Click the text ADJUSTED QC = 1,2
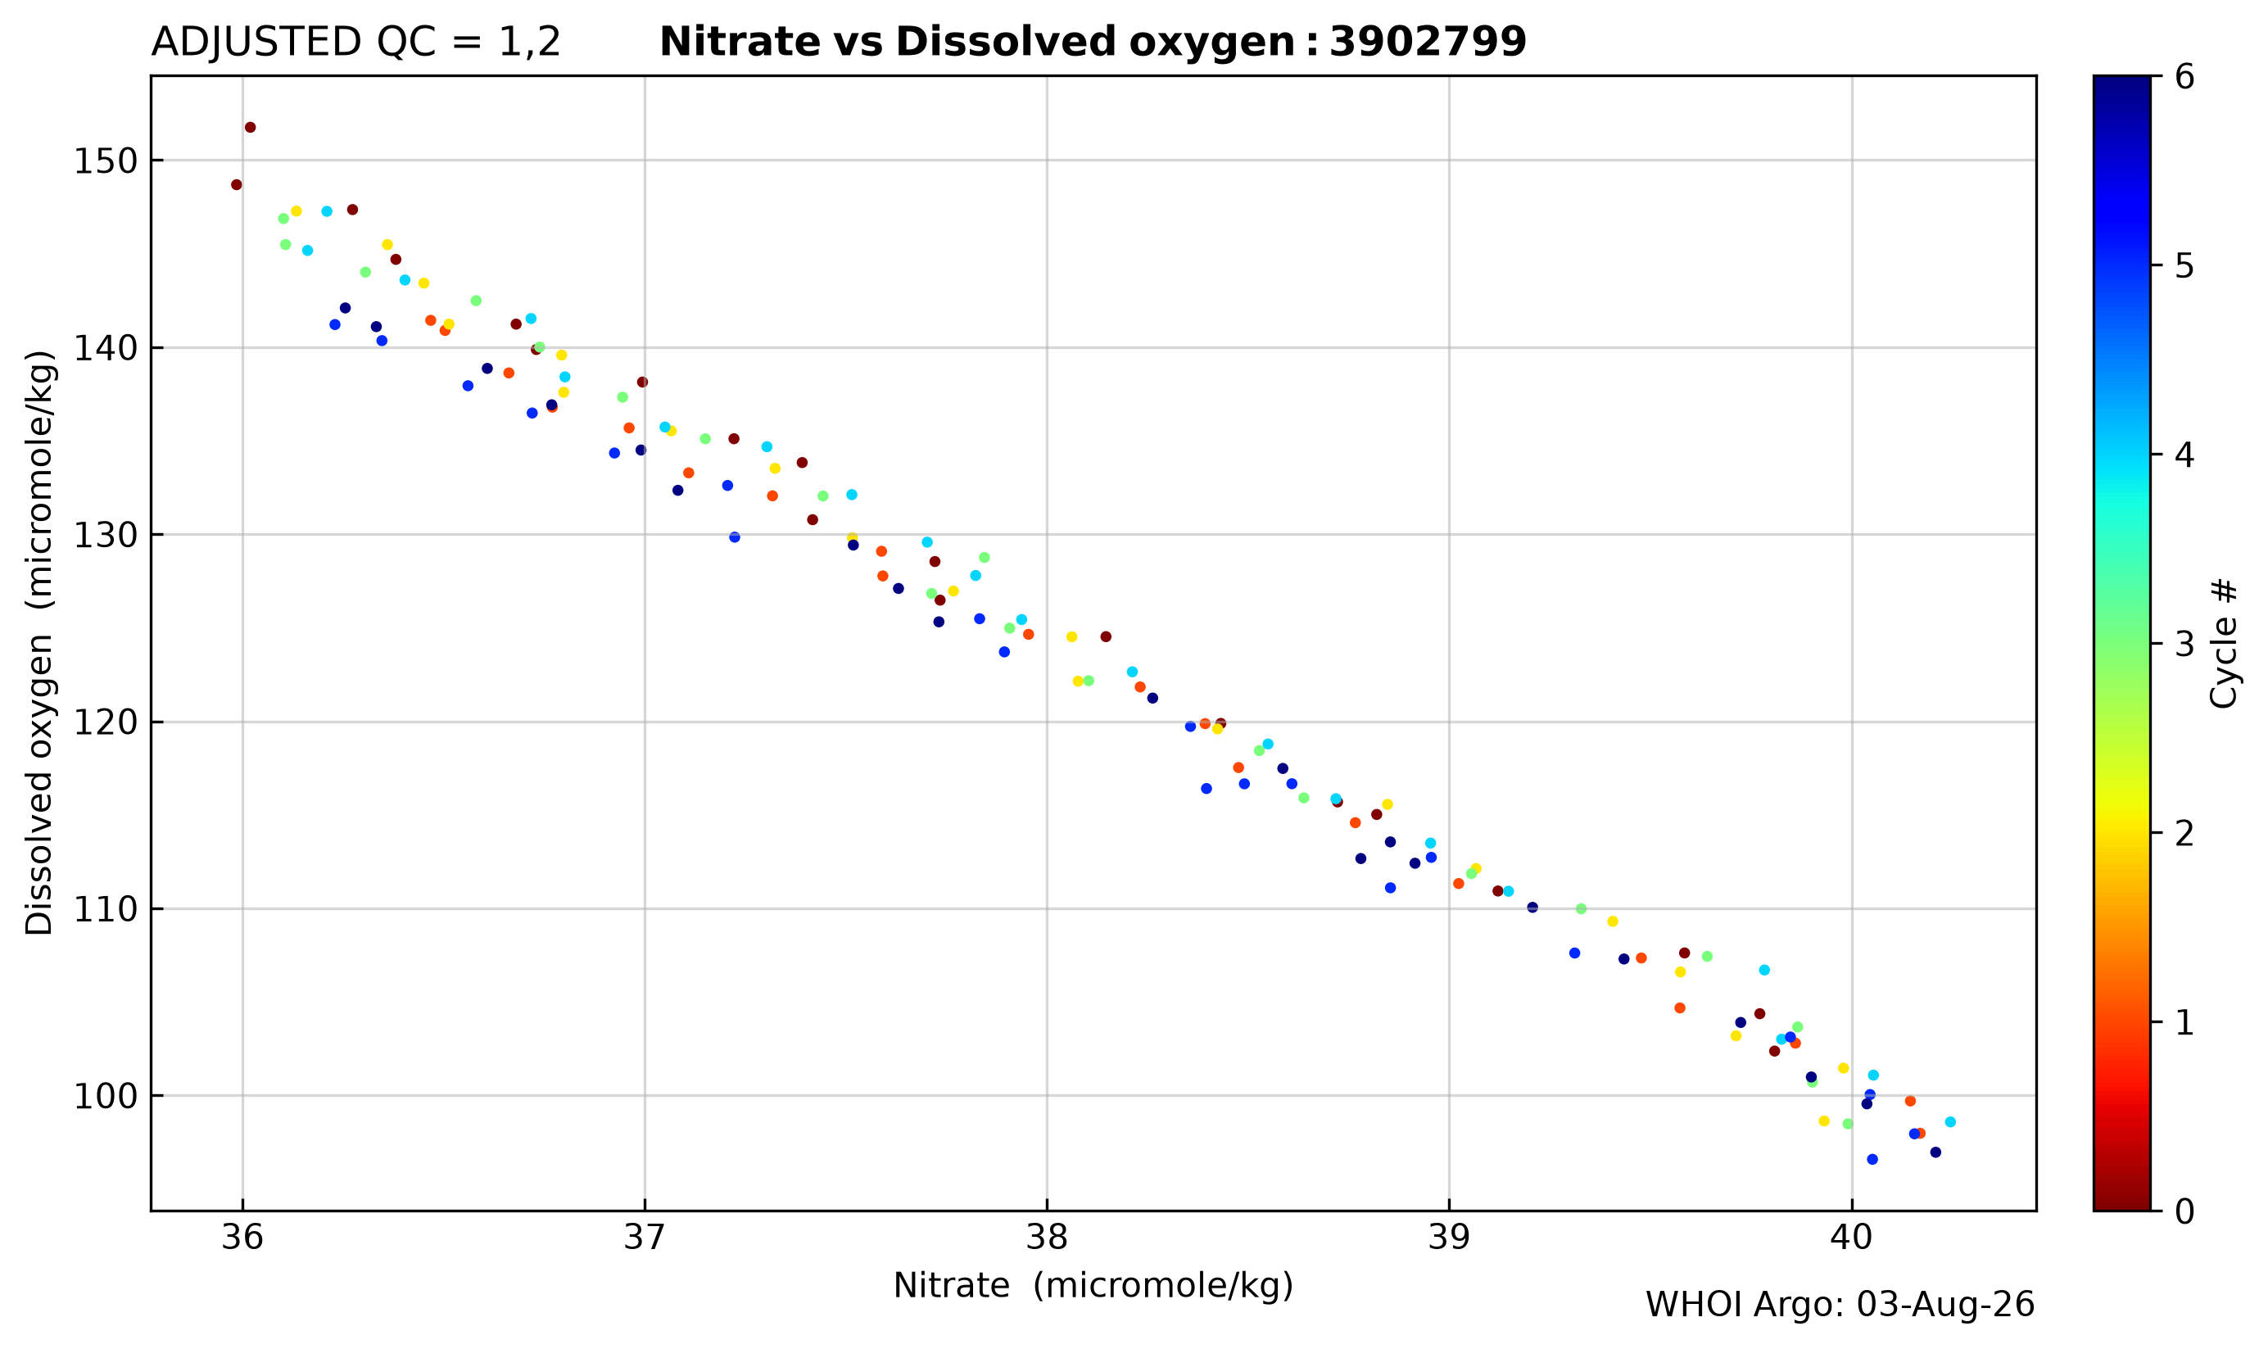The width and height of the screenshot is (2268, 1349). click(355, 43)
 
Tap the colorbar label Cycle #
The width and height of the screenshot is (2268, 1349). click(2224, 644)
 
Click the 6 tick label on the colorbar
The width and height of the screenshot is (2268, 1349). click(2185, 77)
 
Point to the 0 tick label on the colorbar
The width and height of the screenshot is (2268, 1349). click(2185, 1211)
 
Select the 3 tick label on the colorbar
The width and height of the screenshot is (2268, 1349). click(2185, 645)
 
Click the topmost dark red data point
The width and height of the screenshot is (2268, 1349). click(250, 127)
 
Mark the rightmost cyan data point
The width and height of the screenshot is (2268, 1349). click(1950, 1122)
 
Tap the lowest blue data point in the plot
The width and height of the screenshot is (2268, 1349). click(1872, 1159)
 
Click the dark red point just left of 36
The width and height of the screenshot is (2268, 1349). click(237, 184)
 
